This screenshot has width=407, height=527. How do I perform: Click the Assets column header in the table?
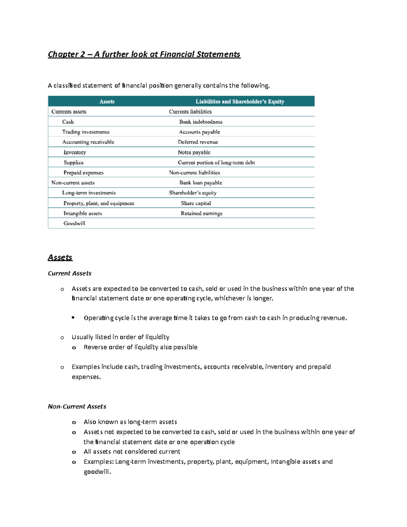pos(107,101)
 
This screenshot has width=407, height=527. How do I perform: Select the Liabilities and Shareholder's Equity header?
pos(240,101)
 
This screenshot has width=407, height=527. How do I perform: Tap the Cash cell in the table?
pos(68,122)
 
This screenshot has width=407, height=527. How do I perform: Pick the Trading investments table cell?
pos(85,132)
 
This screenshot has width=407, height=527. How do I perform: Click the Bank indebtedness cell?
pos(201,122)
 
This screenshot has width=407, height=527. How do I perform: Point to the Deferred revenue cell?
pos(198,142)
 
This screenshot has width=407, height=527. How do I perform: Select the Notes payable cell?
pos(194,152)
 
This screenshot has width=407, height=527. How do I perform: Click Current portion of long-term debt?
pos(216,163)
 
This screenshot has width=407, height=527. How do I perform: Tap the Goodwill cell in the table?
pos(74,223)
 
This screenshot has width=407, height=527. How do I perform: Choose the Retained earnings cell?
pos(201,213)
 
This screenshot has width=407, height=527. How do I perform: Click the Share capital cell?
pos(196,203)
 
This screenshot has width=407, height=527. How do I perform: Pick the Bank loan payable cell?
pos(200,183)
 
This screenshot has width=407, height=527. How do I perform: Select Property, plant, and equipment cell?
pos(99,203)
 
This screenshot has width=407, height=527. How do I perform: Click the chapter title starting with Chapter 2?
pos(144,54)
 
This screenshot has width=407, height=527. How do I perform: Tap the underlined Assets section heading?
pos(60,257)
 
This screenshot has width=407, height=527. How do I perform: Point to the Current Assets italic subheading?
pos(70,274)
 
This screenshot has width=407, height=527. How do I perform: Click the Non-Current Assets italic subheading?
pos(77,407)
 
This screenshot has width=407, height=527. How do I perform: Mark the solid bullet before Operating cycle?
pos(73,318)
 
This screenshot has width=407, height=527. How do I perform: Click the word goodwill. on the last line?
pos(97,472)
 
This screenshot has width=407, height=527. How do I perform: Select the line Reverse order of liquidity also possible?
pos(140,347)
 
